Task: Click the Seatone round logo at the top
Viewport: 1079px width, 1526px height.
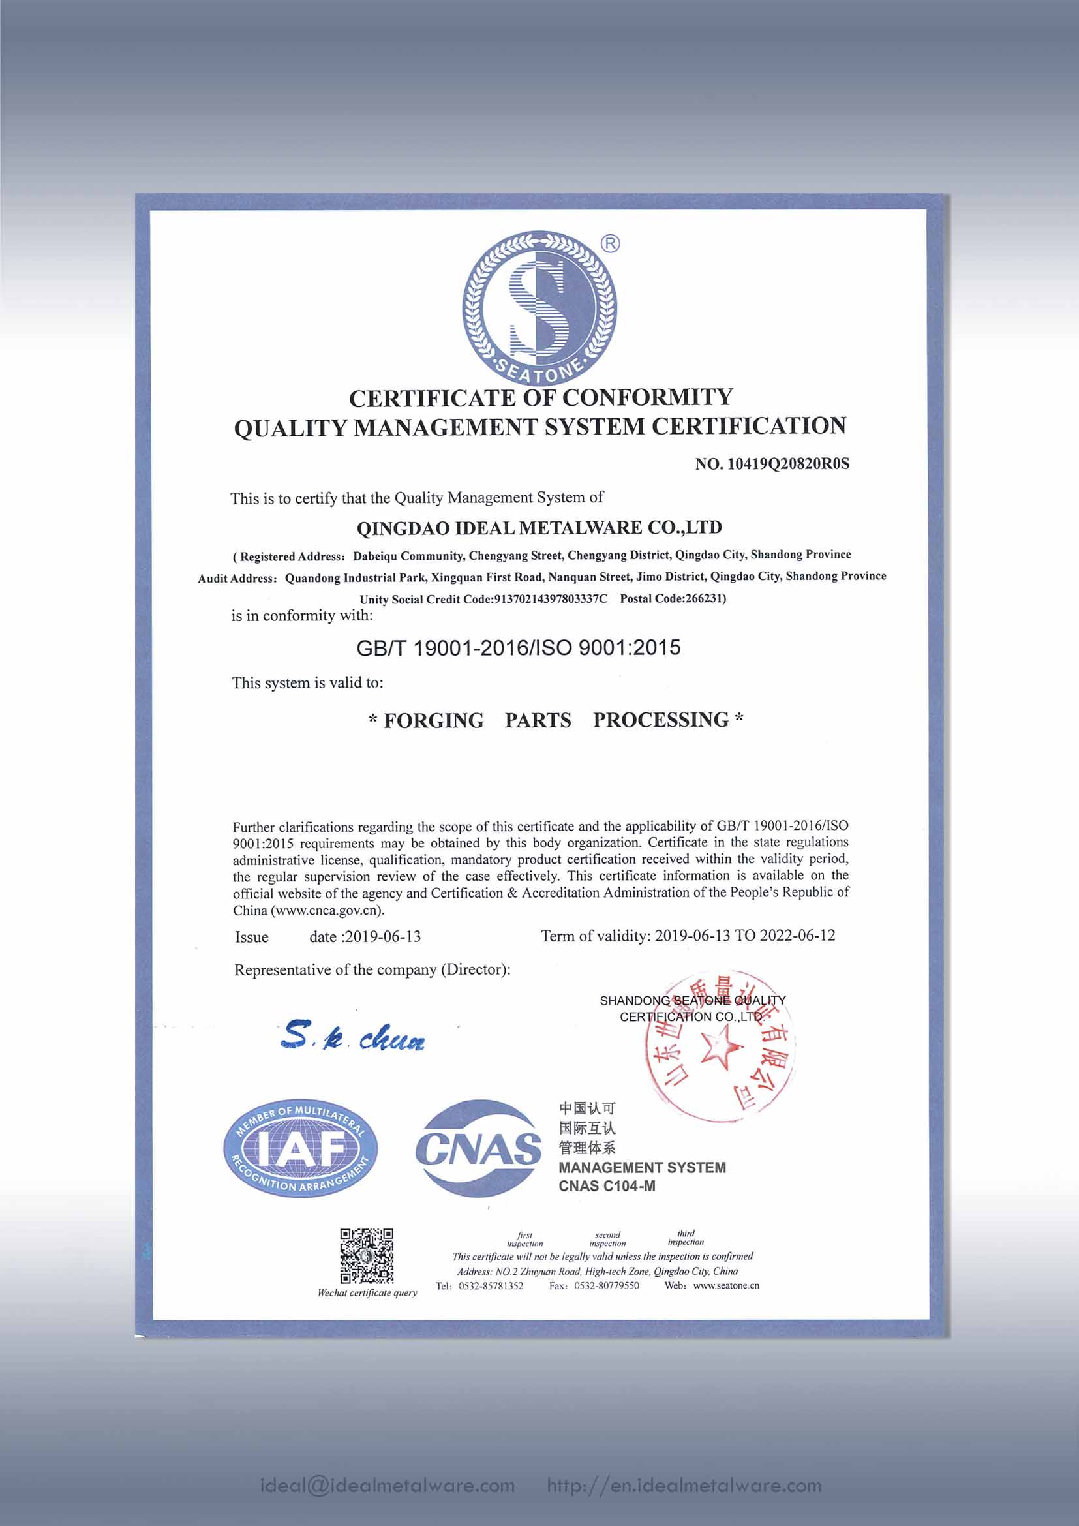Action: [x=539, y=309]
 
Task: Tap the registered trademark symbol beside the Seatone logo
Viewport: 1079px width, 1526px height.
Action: [x=610, y=244]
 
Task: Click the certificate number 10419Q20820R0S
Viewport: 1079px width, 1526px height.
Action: [x=788, y=464]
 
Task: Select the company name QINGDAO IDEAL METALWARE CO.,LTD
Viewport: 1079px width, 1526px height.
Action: [x=539, y=528]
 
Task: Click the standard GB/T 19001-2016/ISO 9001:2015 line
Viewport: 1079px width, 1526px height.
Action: [x=518, y=648]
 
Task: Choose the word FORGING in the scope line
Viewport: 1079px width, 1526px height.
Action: [x=434, y=720]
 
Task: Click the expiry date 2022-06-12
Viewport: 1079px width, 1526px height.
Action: [x=797, y=936]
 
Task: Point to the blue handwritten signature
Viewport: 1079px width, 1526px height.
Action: [x=353, y=1037]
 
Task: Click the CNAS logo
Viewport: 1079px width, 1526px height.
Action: [x=478, y=1149]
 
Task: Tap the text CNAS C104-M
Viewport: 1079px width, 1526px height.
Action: [x=607, y=1186]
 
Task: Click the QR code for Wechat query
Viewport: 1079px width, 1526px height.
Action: [x=367, y=1255]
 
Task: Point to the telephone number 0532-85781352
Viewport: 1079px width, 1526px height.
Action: [x=491, y=1286]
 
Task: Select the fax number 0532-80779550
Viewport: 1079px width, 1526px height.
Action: [x=607, y=1286]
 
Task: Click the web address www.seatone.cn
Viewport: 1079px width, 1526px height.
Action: [x=725, y=1285]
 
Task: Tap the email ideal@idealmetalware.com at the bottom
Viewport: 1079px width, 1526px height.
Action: [x=388, y=1486]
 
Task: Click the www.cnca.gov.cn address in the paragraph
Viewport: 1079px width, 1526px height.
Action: [x=326, y=911]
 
